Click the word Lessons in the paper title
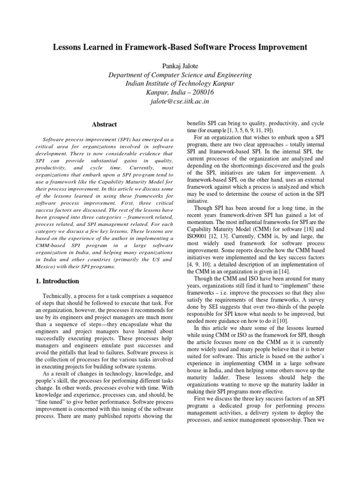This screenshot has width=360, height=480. coord(70,47)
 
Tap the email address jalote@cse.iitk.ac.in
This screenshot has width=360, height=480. coord(180,101)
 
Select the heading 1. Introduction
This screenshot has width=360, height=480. coord(58,281)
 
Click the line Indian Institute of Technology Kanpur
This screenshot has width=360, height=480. coord(180,83)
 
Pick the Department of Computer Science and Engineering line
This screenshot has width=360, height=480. coord(180,75)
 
